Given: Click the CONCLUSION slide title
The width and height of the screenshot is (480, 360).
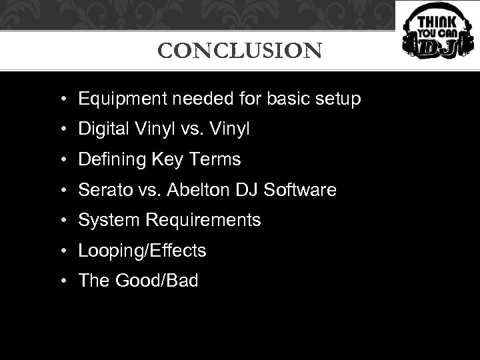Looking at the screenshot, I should pos(239,51).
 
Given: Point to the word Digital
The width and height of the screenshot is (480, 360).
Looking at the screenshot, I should pos(101,129).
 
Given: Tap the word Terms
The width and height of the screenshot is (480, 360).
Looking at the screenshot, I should pos(215,160).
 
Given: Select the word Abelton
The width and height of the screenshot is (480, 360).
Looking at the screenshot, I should pos(194,190).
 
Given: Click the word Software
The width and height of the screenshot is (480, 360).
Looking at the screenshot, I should pos(300,190).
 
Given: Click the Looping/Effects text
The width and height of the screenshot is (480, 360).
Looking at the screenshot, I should pos(142,251).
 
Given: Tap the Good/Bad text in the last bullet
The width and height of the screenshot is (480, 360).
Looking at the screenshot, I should pos(157,281).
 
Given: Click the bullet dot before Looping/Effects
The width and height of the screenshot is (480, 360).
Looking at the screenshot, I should pos(61,251).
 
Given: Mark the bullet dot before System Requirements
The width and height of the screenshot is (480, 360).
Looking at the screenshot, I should pos(61,221).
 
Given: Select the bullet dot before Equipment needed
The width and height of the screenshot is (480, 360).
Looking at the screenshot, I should pos(61,100).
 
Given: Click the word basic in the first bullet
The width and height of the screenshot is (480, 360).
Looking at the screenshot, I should pos(284,100).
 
